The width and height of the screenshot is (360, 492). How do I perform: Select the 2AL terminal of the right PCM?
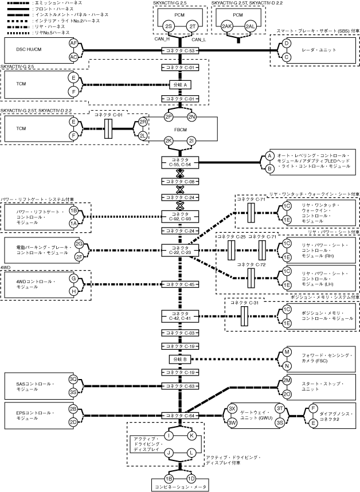coord(250,27)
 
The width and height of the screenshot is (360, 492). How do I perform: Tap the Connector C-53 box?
coord(180,50)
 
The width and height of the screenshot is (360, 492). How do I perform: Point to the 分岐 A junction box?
coord(180,85)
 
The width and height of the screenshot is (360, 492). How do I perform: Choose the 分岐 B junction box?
coord(180,360)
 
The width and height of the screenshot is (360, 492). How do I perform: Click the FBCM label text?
coord(181,129)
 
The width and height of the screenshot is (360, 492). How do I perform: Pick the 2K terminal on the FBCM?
coord(169,141)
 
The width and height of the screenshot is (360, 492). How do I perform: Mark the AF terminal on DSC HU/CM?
coord(73,44)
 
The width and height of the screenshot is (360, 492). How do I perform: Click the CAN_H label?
coord(162,40)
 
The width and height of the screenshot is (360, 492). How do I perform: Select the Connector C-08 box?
coord(180,182)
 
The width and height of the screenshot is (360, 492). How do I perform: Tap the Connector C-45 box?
coord(180,284)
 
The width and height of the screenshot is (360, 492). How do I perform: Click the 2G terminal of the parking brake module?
coord(79,244)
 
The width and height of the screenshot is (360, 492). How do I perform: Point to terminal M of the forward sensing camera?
coord(287,352)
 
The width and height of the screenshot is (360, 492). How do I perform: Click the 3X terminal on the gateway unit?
coord(232,409)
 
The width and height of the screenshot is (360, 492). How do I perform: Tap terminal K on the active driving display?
coord(191,436)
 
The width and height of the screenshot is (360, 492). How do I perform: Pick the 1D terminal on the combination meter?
coord(191,479)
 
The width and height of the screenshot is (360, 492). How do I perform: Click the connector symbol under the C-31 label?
coord(245,317)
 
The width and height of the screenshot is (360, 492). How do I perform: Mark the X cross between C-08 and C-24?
coord(180,190)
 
